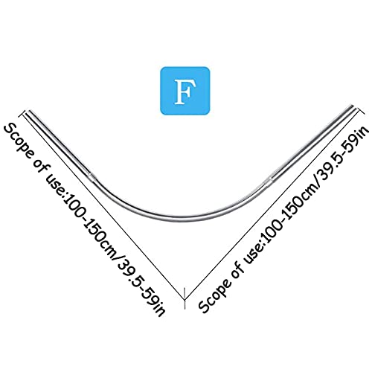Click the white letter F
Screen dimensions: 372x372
pyautogui.click(x=185, y=92)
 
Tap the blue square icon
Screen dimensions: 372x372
pyautogui.click(x=185, y=91)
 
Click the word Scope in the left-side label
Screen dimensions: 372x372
pyautogui.click(x=21, y=141)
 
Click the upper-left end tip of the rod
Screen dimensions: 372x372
pyautogui.click(x=29, y=111)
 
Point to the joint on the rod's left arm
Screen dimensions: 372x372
pyautogui.click(x=91, y=176)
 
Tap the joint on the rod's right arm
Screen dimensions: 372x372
pyautogui.click(x=270, y=180)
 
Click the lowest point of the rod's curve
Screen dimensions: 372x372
pyautogui.click(x=185, y=218)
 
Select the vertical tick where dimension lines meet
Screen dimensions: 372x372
pyautogui.click(x=185, y=298)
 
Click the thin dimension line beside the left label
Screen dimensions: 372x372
pyautogui.click(x=104, y=206)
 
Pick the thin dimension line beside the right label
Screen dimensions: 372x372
pyautogui.click(x=272, y=205)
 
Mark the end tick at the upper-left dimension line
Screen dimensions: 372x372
pyautogui.click(x=24, y=113)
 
